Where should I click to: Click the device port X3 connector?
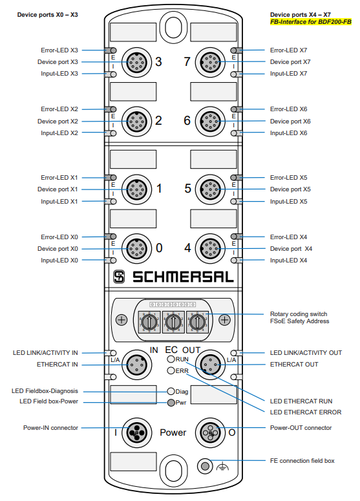(137, 62)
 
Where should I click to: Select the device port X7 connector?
(210, 62)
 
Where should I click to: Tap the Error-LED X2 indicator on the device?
(112, 109)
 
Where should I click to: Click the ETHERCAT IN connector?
(137, 365)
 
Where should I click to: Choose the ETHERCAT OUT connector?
(210, 365)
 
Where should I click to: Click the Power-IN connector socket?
(137, 432)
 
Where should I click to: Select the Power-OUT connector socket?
(210, 432)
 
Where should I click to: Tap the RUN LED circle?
(171, 359)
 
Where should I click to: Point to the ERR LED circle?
(171, 370)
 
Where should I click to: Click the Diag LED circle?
(171, 391)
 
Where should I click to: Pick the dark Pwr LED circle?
(171, 403)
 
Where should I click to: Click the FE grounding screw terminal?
(205, 466)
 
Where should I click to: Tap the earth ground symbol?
(222, 467)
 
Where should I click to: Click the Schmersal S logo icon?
(119, 277)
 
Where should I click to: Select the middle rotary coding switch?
(173, 322)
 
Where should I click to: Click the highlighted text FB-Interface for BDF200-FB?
(311, 22)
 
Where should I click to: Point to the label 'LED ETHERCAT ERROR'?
(306, 412)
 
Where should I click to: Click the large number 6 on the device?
(187, 121)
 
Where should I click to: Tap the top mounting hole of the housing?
(173, 27)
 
